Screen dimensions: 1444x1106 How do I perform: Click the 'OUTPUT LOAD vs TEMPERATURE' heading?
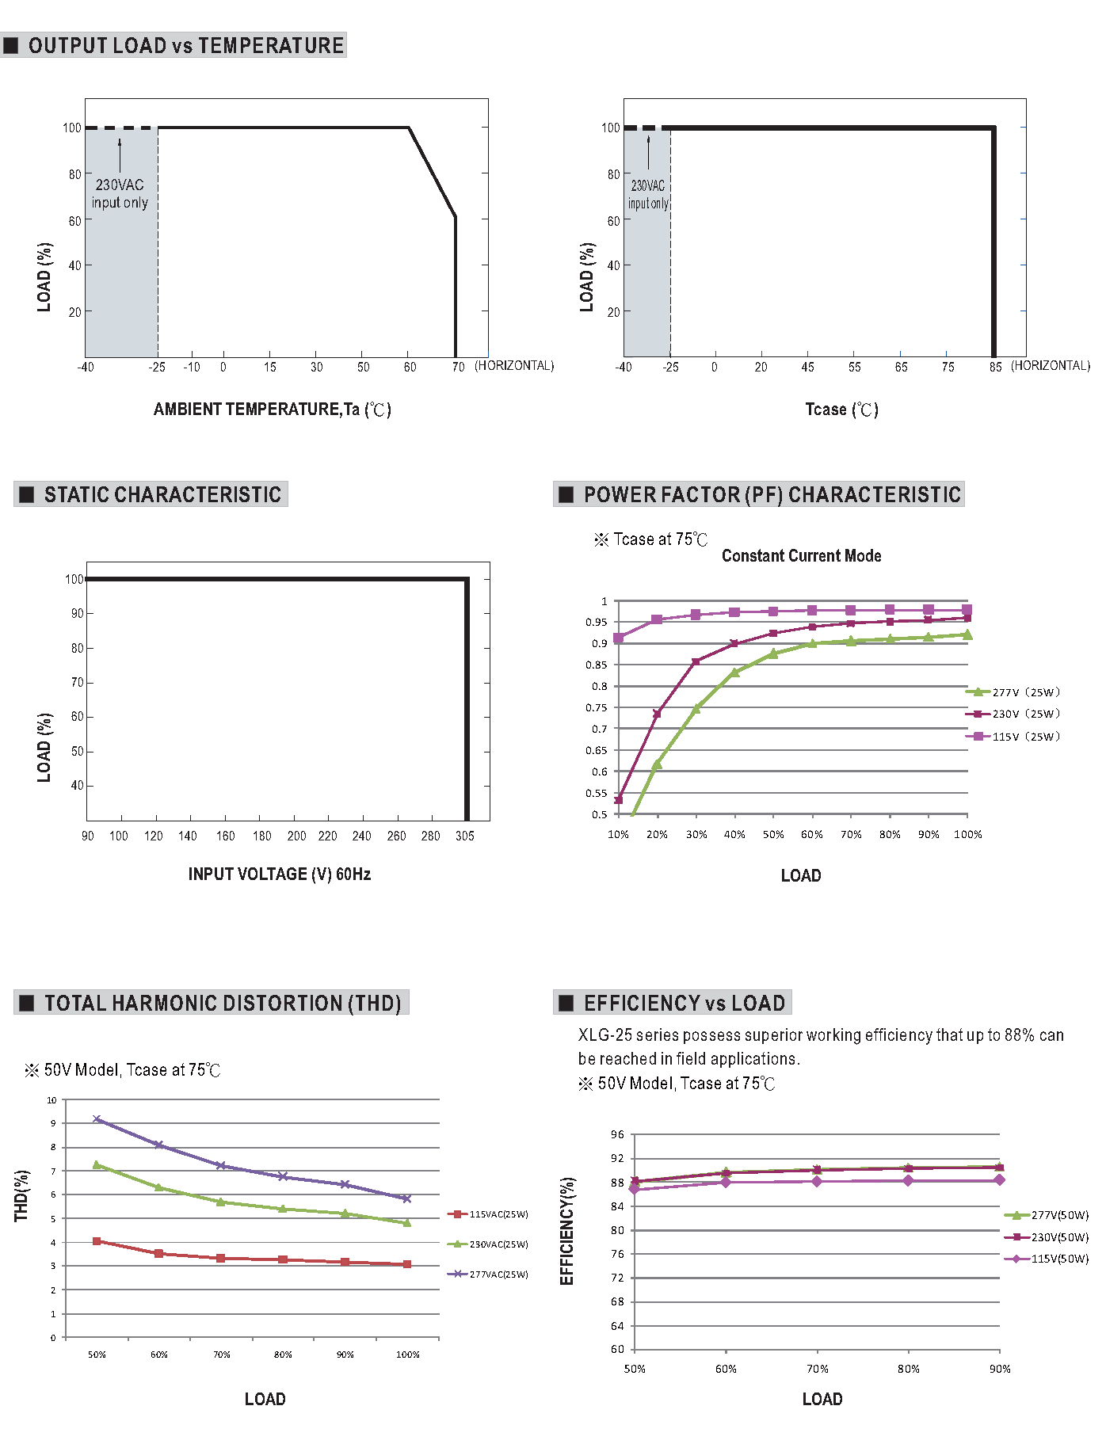(x=185, y=45)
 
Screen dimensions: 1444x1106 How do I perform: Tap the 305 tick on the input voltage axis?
(x=465, y=836)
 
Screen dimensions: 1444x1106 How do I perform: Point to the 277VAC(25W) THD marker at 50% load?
(x=97, y=1119)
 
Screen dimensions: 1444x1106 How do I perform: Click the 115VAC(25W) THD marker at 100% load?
(x=407, y=1264)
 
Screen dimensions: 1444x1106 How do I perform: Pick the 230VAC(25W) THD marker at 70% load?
(x=221, y=1202)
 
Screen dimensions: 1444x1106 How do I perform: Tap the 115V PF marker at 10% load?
(x=618, y=638)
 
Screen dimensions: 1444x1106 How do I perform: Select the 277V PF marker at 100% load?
(x=967, y=634)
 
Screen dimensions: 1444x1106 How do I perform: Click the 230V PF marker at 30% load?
(x=696, y=662)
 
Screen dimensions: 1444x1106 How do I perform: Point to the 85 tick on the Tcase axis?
(x=995, y=367)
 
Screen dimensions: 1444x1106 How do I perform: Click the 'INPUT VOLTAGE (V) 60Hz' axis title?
(x=279, y=874)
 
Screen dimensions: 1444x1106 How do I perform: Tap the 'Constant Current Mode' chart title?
(x=801, y=555)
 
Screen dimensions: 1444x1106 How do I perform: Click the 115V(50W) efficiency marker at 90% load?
(x=1000, y=1180)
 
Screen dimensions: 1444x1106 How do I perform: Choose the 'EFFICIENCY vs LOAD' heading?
(x=684, y=1003)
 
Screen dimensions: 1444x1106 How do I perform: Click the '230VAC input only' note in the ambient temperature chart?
(x=120, y=193)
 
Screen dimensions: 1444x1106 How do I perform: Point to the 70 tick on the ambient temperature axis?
(x=458, y=367)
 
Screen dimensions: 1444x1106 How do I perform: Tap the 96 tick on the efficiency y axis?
(x=617, y=1134)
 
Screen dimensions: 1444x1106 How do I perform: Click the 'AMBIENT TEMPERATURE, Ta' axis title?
(x=272, y=410)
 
